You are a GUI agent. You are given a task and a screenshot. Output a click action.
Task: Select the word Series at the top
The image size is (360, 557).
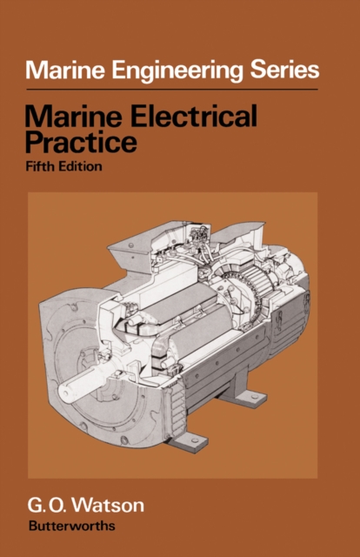283,70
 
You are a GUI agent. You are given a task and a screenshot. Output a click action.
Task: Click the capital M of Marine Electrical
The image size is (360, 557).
38,117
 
